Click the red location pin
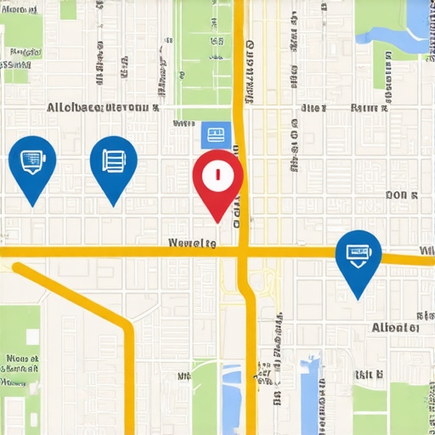pos(217,180)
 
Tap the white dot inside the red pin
pos(217,175)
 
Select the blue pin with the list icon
pos(113,164)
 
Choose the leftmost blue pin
pos(32,164)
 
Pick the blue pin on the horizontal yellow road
pos(358,257)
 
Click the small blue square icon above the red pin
pos(216,134)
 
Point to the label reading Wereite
pos(193,243)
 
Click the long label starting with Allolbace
pos(103,108)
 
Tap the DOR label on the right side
pos(401,195)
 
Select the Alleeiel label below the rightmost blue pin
pos(395,327)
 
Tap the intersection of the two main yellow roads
pos(242,251)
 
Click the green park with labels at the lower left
pos(20,357)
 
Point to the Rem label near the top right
pos(369,108)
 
